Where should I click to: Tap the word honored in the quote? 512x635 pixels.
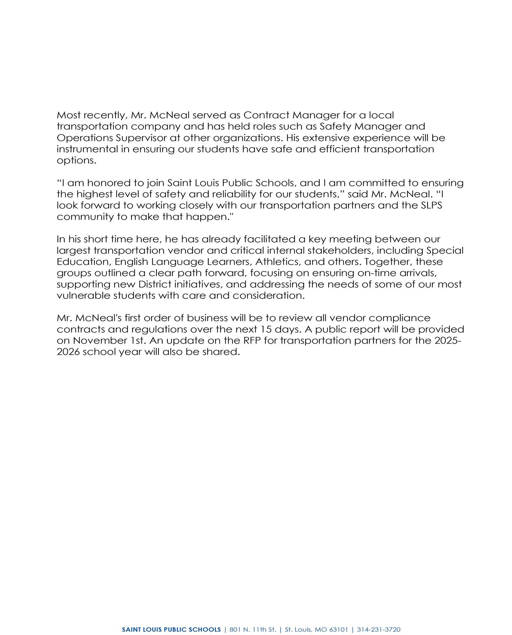pos(107,183)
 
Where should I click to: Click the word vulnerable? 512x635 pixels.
pos(83,295)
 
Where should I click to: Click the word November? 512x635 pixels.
pos(98,341)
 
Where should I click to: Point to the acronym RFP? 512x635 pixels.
pos(252,341)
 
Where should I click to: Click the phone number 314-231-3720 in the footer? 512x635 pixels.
pos(379,621)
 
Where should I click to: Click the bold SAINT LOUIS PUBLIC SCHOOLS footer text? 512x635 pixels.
pos(171,621)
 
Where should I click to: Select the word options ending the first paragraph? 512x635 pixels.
pos(76,161)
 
